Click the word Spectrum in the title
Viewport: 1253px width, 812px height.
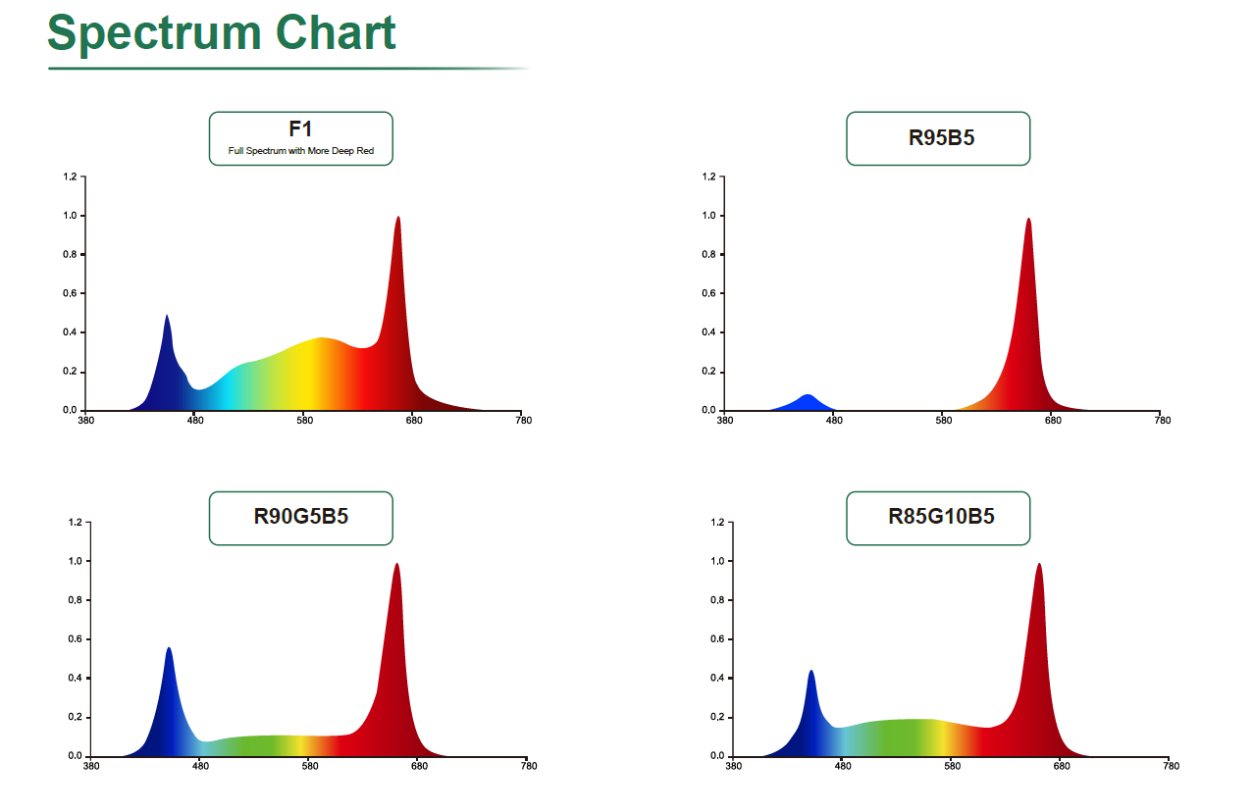(x=154, y=34)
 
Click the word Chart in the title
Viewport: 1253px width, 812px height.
(x=336, y=32)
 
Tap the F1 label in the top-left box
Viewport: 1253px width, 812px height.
(x=300, y=129)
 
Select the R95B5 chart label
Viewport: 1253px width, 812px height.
(x=941, y=137)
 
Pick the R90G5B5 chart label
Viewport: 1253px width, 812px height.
(x=301, y=516)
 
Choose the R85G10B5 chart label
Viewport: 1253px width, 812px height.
(x=941, y=516)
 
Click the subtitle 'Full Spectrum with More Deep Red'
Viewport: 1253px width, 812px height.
(x=301, y=151)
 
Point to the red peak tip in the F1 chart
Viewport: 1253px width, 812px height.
(x=397, y=217)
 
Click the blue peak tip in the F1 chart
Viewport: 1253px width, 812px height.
(x=167, y=316)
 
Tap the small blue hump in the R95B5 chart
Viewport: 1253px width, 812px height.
(x=808, y=402)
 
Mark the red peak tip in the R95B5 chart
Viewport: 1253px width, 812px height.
(x=1028, y=219)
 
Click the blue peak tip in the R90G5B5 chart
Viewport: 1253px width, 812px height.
(x=169, y=648)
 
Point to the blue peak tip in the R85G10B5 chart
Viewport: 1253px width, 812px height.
(x=811, y=671)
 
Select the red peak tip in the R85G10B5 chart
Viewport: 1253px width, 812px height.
(x=1039, y=564)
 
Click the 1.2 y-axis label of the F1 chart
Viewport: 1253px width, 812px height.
(x=70, y=177)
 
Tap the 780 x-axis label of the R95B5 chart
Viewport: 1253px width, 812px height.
(x=1163, y=421)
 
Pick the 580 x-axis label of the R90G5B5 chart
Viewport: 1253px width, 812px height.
(x=310, y=766)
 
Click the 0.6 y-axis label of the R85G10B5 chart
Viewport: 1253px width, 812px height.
(x=717, y=639)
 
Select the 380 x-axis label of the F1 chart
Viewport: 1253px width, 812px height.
(x=85, y=421)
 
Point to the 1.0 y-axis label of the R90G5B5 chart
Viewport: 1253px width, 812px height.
(x=75, y=562)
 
